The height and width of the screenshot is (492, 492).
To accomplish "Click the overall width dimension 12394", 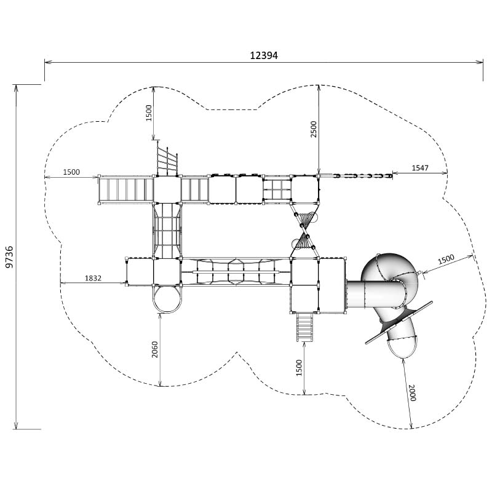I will click(x=264, y=55).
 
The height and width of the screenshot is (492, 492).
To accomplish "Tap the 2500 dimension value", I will click(x=314, y=129).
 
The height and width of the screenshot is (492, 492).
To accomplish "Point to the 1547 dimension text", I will click(x=420, y=168).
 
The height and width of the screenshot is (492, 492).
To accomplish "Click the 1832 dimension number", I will click(x=93, y=279).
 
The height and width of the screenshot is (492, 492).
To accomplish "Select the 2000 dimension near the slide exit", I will click(x=411, y=392).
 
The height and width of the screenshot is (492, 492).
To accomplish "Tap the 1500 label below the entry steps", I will click(x=300, y=368).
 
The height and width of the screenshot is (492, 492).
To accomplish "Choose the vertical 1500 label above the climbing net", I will click(x=148, y=113).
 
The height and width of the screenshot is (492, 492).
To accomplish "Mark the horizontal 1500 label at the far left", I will click(x=71, y=172).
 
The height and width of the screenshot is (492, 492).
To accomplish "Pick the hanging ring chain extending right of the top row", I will click(x=363, y=177).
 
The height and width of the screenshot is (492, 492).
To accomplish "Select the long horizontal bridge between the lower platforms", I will click(x=236, y=271).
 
